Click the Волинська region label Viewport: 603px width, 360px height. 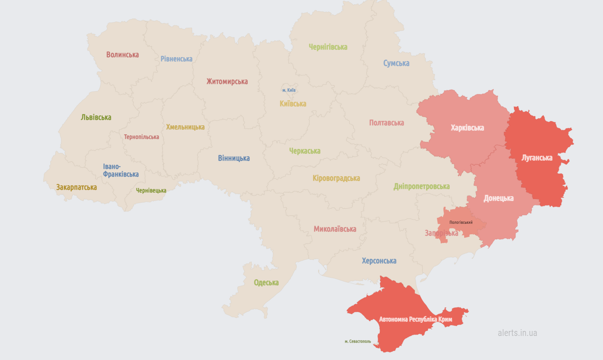pyautogui.click(x=123, y=54)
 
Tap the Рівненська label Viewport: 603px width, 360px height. pyautogui.click(x=176, y=59)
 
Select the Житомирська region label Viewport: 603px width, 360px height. pyautogui.click(x=227, y=82)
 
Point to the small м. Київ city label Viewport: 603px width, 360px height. pyautogui.click(x=289, y=90)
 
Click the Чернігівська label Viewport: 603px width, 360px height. pyautogui.click(x=328, y=47)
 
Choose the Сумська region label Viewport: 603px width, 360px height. pyautogui.click(x=396, y=63)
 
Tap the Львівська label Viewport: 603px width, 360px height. pyautogui.click(x=96, y=117)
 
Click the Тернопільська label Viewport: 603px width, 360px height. pyautogui.click(x=142, y=137)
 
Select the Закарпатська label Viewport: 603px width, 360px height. pyautogui.click(x=76, y=187)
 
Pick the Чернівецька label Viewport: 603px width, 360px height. pyautogui.click(x=151, y=191)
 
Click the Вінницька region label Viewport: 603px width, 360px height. pyautogui.click(x=234, y=158)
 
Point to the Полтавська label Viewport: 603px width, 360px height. pyautogui.click(x=386, y=123)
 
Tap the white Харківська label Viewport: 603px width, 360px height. pyautogui.click(x=467, y=128)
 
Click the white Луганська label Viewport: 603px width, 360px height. pyautogui.click(x=537, y=158)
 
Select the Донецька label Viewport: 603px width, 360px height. pyautogui.click(x=498, y=198)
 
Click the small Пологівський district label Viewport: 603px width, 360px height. pyautogui.click(x=461, y=222)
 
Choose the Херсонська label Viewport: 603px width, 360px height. pyautogui.click(x=379, y=261)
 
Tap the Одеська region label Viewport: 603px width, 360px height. pyautogui.click(x=266, y=282)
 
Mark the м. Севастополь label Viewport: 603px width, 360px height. pyautogui.click(x=358, y=341)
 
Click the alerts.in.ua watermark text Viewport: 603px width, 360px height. pyautogui.click(x=517, y=333)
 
